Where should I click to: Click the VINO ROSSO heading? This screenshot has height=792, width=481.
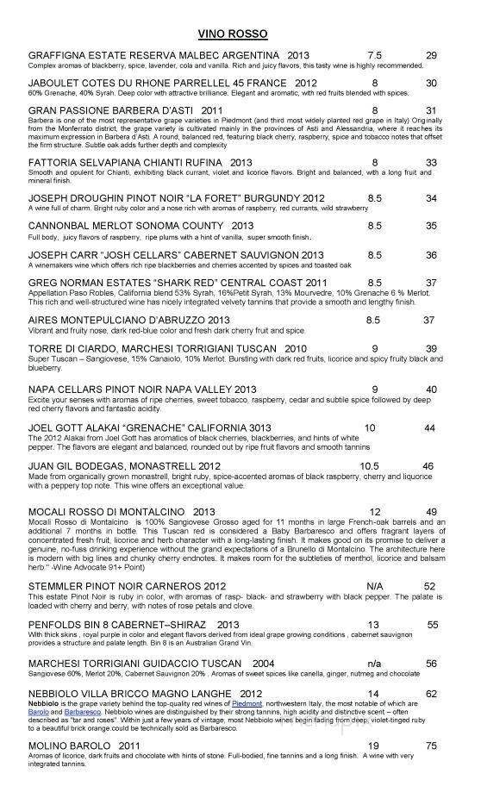(232, 33)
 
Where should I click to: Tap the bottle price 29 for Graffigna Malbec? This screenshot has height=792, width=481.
(432, 54)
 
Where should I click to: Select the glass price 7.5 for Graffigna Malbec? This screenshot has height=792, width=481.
(374, 54)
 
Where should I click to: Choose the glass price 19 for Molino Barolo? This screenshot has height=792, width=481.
(374, 747)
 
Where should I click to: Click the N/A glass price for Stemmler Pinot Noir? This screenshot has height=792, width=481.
(374, 586)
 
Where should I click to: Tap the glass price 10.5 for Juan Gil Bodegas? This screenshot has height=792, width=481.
(369, 466)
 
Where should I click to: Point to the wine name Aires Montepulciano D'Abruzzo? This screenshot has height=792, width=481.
(127, 320)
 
